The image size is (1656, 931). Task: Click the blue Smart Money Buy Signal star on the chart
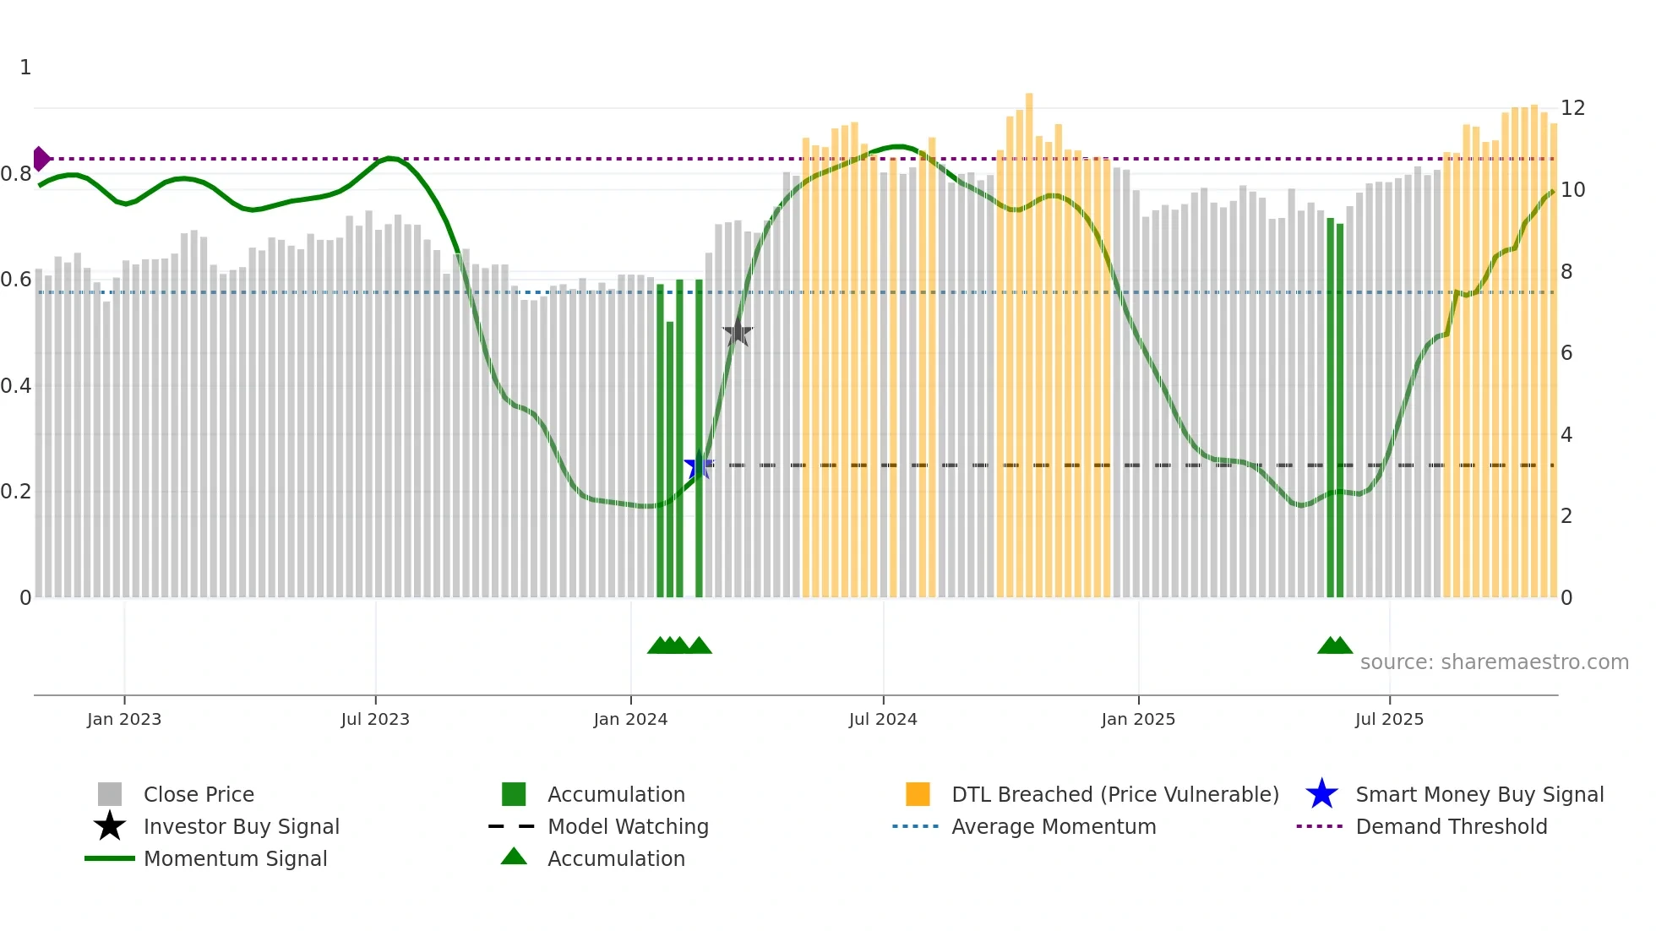click(x=698, y=465)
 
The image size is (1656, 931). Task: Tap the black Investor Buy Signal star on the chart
click(x=738, y=332)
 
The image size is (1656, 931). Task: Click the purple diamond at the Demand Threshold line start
click(x=41, y=159)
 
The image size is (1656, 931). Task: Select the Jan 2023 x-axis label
click(x=124, y=719)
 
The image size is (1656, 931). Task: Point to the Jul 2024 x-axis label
click(x=883, y=719)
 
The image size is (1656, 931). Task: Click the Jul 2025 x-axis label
click(x=1389, y=719)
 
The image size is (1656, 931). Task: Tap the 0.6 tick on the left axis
click(x=16, y=280)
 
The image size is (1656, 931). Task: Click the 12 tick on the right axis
click(x=1572, y=108)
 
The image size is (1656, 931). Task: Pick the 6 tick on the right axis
click(x=1566, y=353)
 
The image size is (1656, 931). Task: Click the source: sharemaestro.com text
click(x=1494, y=662)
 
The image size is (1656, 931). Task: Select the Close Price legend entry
click(x=199, y=795)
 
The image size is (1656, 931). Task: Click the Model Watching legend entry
click(x=628, y=827)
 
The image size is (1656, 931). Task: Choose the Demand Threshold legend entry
click(x=1451, y=827)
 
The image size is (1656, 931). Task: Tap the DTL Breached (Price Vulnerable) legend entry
click(x=1114, y=795)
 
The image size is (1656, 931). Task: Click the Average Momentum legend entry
click(x=1054, y=827)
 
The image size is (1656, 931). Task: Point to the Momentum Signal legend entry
click(x=235, y=859)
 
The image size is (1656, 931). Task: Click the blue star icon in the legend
click(x=1321, y=795)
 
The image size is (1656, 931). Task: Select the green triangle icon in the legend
click(x=514, y=857)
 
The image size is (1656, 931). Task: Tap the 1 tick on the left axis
click(x=25, y=68)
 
